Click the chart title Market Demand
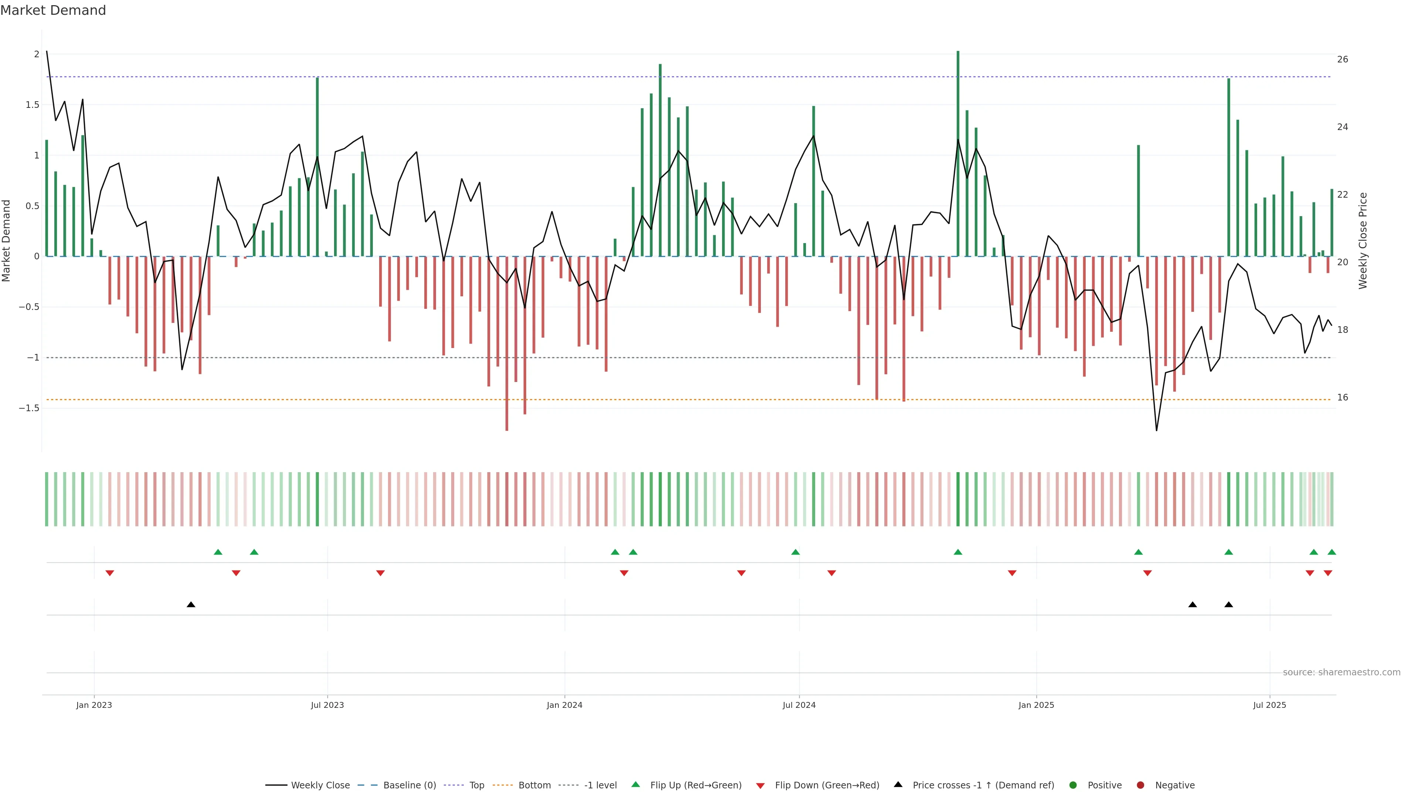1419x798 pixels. (53, 10)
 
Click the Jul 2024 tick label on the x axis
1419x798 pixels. (799, 705)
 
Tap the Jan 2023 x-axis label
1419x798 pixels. (93, 705)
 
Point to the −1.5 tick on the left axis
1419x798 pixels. (29, 408)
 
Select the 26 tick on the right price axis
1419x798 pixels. (1343, 59)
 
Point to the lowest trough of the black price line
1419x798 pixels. (1156, 430)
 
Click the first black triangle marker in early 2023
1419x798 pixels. (191, 605)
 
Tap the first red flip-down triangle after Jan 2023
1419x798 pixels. (110, 573)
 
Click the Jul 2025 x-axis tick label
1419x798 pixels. (1269, 705)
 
